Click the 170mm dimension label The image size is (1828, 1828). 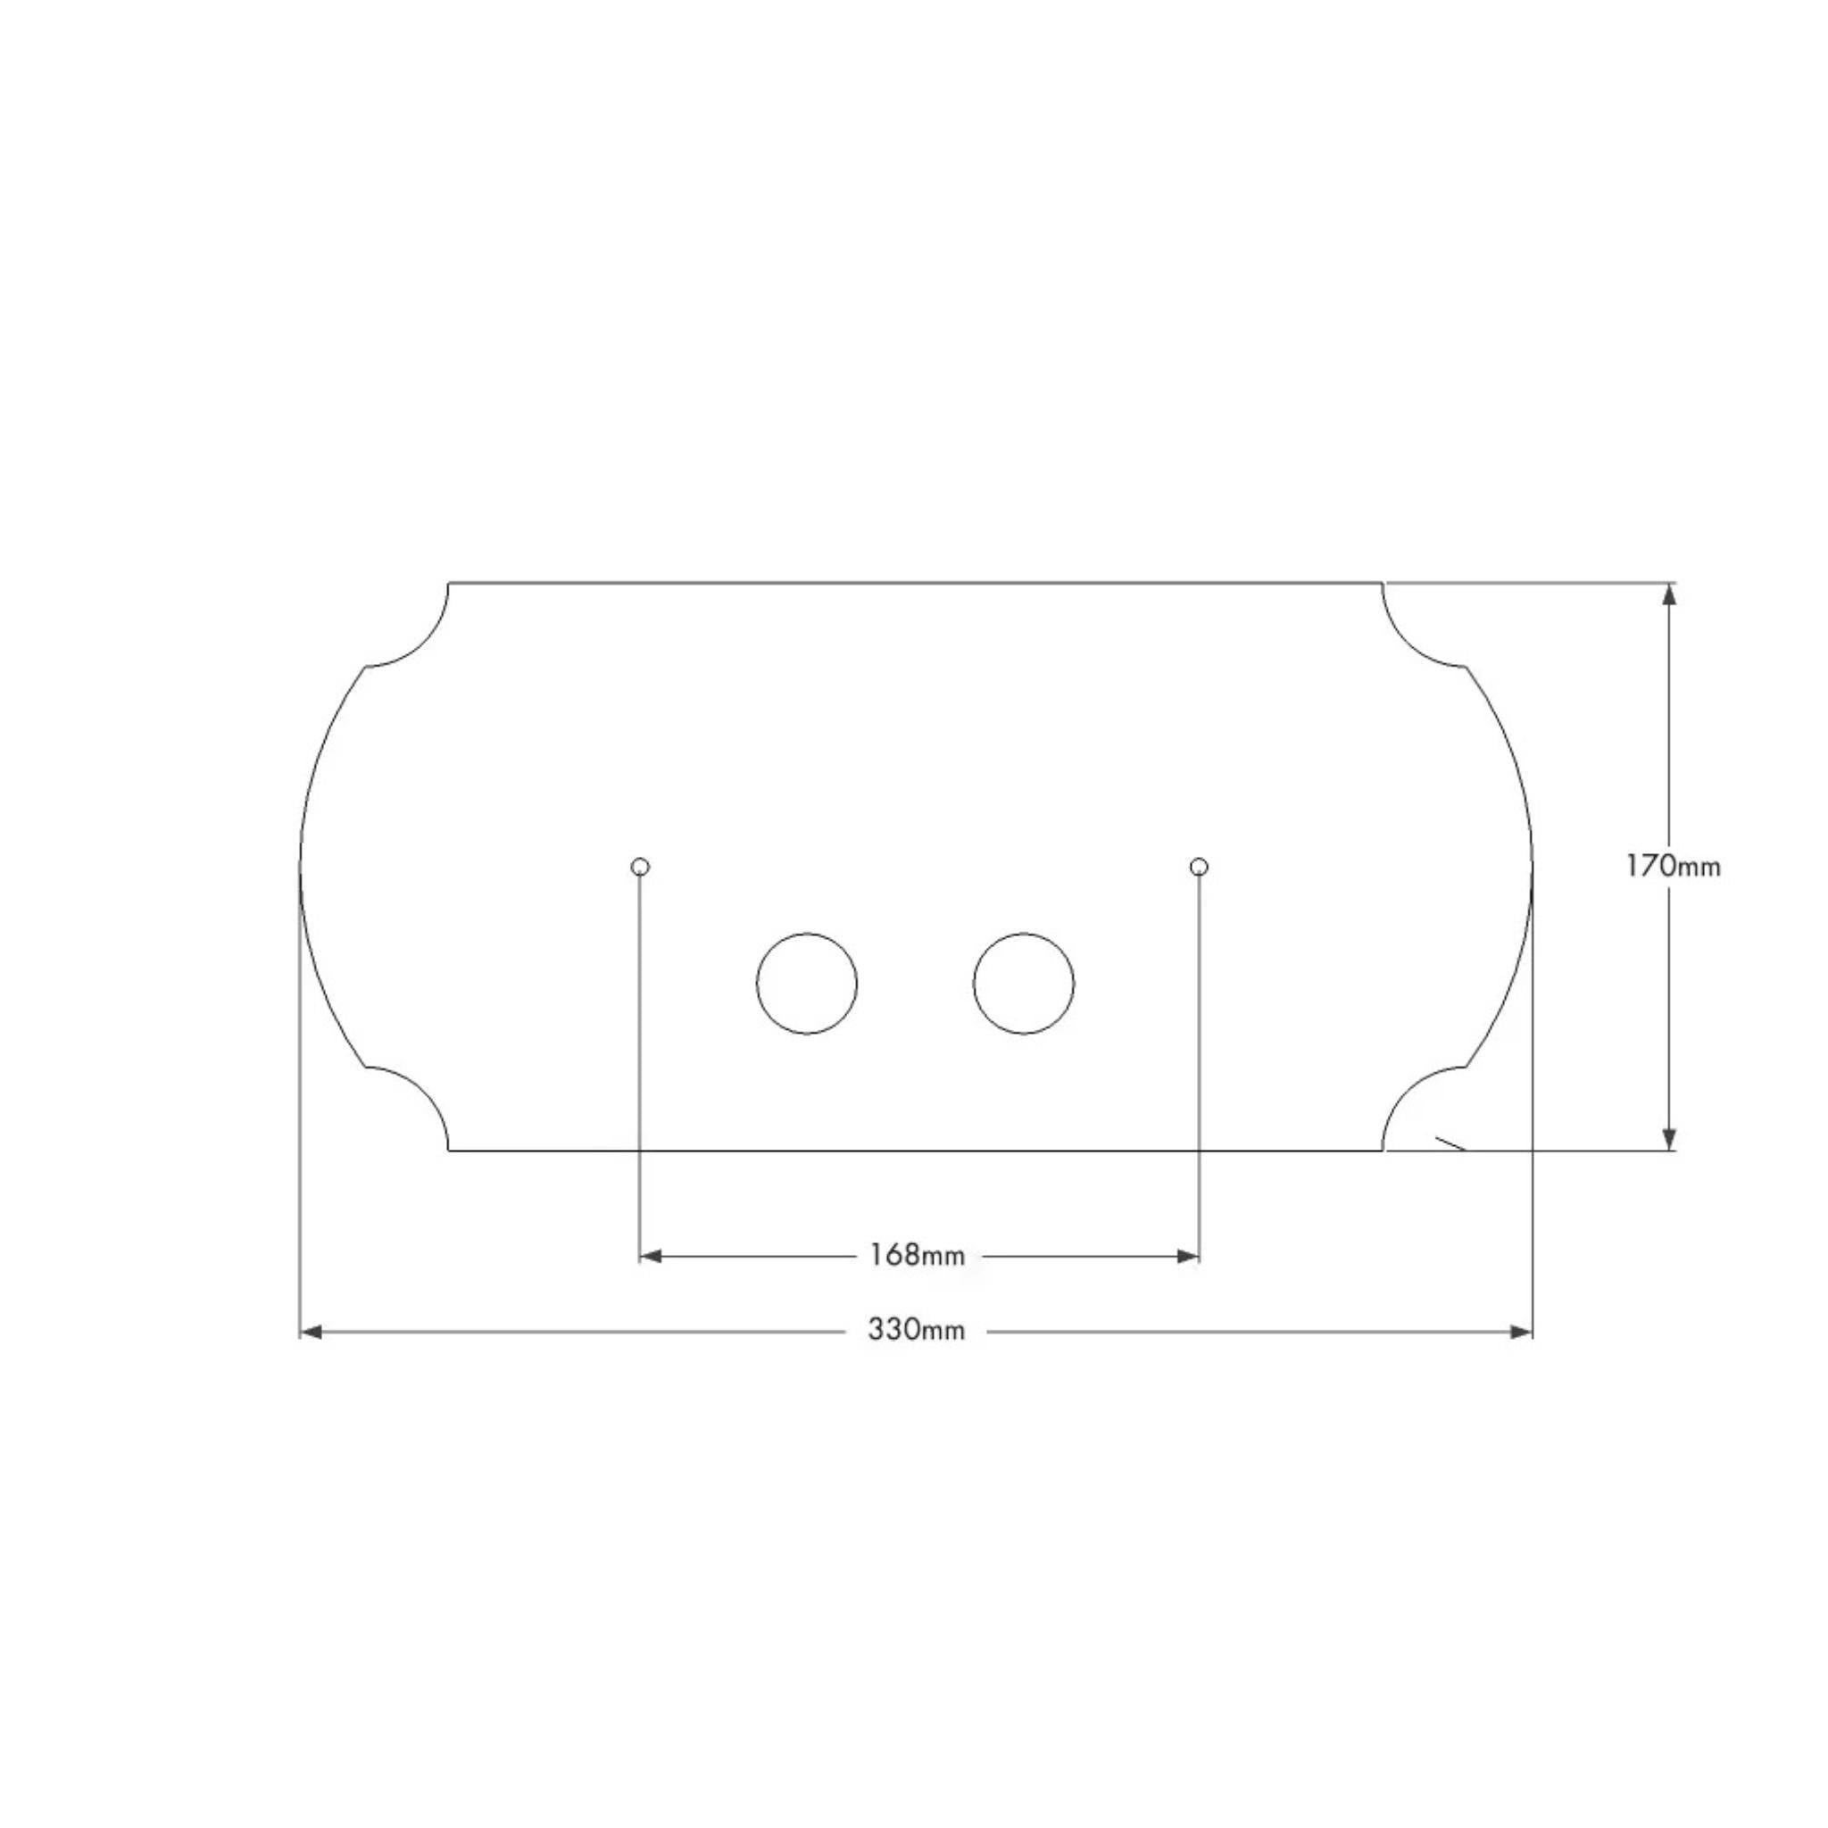(1672, 866)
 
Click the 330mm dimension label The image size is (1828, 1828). (916, 1330)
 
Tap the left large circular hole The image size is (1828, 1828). (806, 984)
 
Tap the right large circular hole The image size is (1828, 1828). (1024, 984)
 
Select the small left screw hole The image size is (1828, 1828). (641, 866)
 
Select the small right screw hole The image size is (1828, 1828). (1199, 866)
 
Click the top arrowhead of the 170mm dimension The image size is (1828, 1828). (1670, 595)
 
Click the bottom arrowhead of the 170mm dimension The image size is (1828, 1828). (1670, 1138)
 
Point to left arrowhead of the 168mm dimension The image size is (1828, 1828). (651, 1257)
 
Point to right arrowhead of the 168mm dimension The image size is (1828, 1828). (1188, 1257)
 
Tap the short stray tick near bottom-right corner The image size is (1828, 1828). (1450, 1144)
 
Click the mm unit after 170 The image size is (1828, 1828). (1699, 868)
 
